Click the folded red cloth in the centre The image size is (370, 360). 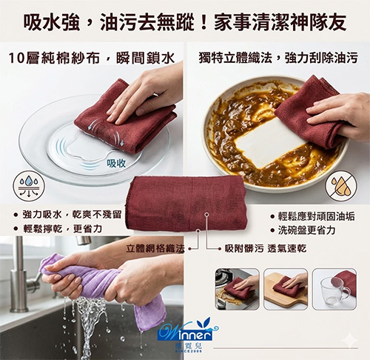click(x=185, y=203)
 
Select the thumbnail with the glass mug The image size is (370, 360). click(x=334, y=288)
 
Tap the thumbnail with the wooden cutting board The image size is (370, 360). click(x=284, y=288)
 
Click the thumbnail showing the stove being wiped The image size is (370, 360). click(x=236, y=288)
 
